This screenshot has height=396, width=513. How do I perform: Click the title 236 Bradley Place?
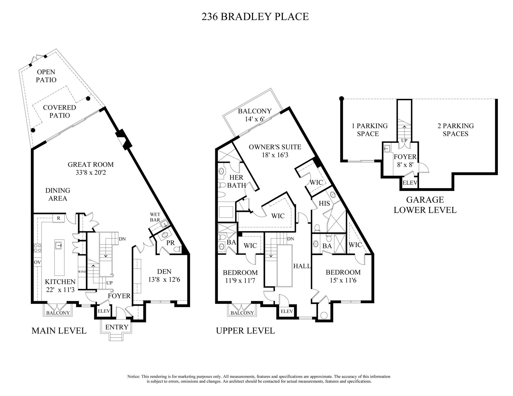255,17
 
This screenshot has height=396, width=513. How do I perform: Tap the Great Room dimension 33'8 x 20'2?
91,173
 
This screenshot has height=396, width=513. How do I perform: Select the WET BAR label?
155,217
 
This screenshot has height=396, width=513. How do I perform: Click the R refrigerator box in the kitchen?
59,218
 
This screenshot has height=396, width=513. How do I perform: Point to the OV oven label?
37,262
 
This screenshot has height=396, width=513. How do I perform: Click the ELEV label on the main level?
104,311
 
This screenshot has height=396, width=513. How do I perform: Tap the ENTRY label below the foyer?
117,327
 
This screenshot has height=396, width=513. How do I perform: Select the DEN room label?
164,271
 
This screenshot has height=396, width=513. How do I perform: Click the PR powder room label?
170,243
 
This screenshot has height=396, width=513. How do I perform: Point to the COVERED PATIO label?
59,111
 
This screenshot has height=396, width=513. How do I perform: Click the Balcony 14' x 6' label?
255,115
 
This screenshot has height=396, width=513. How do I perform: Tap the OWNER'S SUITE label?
275,147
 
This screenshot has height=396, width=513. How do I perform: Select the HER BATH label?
236,181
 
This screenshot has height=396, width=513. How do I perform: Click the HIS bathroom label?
324,204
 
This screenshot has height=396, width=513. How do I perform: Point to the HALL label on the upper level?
302,266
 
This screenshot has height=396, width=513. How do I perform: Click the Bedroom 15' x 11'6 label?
343,276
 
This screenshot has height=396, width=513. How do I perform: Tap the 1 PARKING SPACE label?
369,130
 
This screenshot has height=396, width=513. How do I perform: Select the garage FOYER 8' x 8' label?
405,160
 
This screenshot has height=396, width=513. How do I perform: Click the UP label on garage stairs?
404,141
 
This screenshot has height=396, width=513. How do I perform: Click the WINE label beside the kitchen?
82,272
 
